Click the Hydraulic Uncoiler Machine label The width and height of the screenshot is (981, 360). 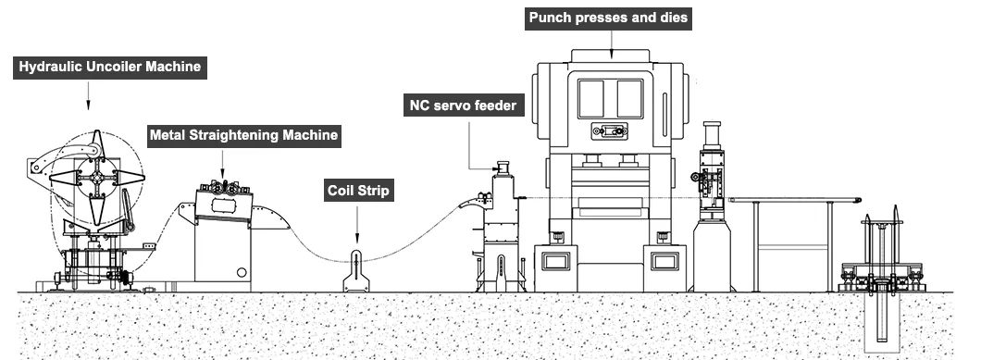click(109, 67)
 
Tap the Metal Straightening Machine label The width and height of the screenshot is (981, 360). click(244, 135)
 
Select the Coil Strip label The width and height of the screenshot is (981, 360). click(358, 191)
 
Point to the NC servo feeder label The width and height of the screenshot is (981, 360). click(464, 106)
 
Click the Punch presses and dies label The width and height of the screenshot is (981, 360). click(608, 19)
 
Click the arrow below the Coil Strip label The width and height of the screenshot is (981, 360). click(357, 224)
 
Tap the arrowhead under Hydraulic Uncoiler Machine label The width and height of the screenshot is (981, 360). click(88, 106)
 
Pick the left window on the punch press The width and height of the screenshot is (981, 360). click(591, 98)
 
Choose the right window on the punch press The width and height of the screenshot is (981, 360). click(630, 98)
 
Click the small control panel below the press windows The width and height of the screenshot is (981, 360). click(610, 130)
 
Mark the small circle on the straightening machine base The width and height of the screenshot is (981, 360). click(242, 272)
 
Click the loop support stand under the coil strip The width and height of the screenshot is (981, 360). click(356, 271)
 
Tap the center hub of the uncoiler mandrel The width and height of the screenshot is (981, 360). click(97, 178)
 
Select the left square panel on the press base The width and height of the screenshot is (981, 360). click(555, 260)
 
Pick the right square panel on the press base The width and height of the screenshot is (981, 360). click(664, 260)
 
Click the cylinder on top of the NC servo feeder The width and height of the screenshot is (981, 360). click(503, 168)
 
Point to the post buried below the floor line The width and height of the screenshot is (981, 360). click(882, 317)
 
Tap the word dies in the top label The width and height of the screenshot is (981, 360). click(673, 18)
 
